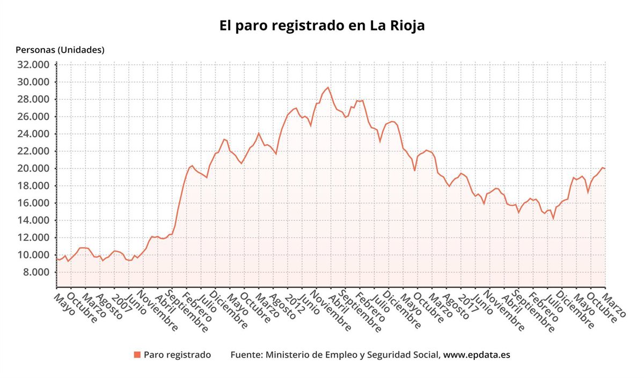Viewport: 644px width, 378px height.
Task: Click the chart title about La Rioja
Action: (x=322, y=26)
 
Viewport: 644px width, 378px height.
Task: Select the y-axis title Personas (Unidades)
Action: (x=60, y=50)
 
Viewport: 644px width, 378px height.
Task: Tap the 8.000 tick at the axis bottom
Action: (x=37, y=272)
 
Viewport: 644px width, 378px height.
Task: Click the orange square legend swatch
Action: (x=137, y=355)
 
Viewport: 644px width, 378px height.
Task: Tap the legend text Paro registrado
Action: (x=177, y=355)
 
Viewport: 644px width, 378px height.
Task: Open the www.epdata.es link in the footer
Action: (x=477, y=355)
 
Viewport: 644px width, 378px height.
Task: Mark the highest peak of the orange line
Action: (x=328, y=87)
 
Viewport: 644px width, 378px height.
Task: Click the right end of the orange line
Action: (x=605, y=169)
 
